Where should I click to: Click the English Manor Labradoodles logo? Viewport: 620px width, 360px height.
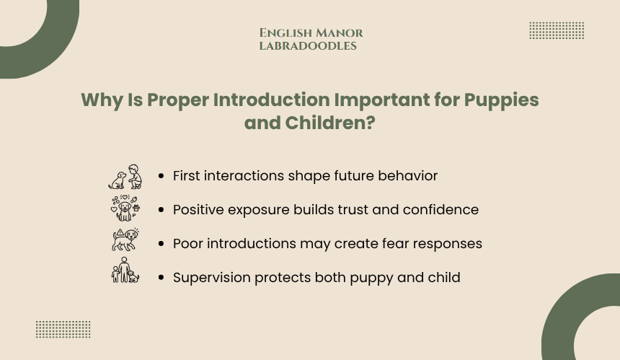click(x=311, y=39)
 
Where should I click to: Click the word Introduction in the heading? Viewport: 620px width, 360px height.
click(x=272, y=100)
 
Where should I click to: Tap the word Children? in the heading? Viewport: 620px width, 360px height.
click(x=330, y=123)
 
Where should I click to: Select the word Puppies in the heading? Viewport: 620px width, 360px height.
click(x=501, y=100)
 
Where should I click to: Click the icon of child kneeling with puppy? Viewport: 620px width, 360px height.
click(x=125, y=177)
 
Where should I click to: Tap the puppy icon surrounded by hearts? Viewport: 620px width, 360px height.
click(x=125, y=208)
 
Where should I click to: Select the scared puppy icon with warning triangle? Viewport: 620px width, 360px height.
click(x=125, y=240)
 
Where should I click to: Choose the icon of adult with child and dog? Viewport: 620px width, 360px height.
click(x=125, y=271)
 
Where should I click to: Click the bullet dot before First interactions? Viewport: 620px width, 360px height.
click(x=161, y=176)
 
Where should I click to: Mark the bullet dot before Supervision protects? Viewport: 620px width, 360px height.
click(x=161, y=278)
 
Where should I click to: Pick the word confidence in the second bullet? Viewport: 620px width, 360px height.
click(x=440, y=210)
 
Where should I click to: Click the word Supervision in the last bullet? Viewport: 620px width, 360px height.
click(x=211, y=278)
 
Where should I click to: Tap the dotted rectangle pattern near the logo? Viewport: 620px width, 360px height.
click(x=557, y=30)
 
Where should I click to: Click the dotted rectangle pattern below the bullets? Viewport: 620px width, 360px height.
click(x=63, y=329)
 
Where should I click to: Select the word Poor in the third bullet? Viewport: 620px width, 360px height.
click(x=188, y=244)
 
